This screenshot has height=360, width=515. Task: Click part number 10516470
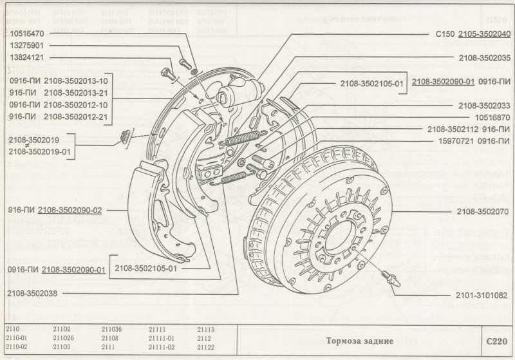pyautogui.click(x=26, y=32)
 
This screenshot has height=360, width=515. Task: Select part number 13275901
pyautogui.click(x=26, y=45)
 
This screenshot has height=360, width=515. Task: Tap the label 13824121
pyautogui.click(x=26, y=58)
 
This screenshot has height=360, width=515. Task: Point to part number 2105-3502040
pyautogui.click(x=485, y=33)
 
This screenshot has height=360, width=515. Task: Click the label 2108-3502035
pyautogui.click(x=485, y=58)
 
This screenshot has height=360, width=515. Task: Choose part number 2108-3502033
pyautogui.click(x=485, y=105)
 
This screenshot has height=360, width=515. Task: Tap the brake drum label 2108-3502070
pyautogui.click(x=483, y=211)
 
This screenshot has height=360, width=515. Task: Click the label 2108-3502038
pyautogui.click(x=34, y=293)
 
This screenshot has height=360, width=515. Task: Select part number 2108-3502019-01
pyautogui.click(x=40, y=151)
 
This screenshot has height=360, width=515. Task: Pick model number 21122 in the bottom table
pyautogui.click(x=206, y=346)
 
